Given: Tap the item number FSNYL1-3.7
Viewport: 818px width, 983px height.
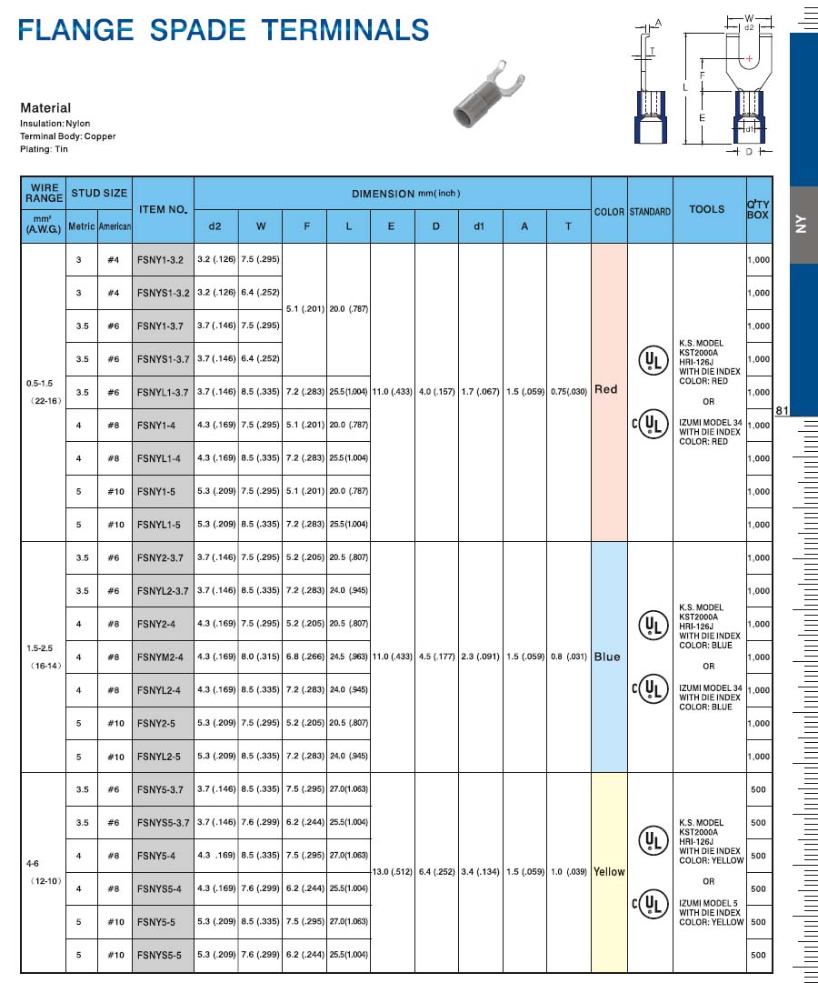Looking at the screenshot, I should pyautogui.click(x=163, y=392).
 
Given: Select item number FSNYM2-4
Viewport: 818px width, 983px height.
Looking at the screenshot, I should pyautogui.click(x=160, y=657).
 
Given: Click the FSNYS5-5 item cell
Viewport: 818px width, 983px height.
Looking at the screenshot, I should pyautogui.click(x=160, y=956).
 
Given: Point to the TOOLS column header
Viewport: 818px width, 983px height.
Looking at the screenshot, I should pyautogui.click(x=707, y=209).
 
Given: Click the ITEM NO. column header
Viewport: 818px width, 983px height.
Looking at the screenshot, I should pyautogui.click(x=164, y=209).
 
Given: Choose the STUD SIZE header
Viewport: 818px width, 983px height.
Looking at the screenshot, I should pyautogui.click(x=99, y=193).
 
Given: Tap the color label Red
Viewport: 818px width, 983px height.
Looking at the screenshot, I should pyautogui.click(x=606, y=389).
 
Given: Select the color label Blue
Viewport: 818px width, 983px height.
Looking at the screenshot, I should pyautogui.click(x=607, y=657).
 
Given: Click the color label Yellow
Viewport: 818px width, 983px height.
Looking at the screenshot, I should pyautogui.click(x=609, y=871).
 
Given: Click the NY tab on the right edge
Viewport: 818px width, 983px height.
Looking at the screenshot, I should pyautogui.click(x=802, y=225).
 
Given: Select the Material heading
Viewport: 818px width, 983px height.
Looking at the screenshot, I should pyautogui.click(x=45, y=107).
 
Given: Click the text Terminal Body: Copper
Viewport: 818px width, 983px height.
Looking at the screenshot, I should pyautogui.click(x=68, y=136).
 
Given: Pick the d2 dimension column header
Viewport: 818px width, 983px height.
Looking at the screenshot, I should pyautogui.click(x=215, y=226).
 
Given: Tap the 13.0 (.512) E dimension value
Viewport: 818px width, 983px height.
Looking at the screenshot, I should pyautogui.click(x=393, y=872).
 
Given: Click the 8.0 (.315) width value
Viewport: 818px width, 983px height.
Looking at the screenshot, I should pyautogui.click(x=261, y=657).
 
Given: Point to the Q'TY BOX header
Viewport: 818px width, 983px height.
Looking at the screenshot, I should pyautogui.click(x=758, y=209).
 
